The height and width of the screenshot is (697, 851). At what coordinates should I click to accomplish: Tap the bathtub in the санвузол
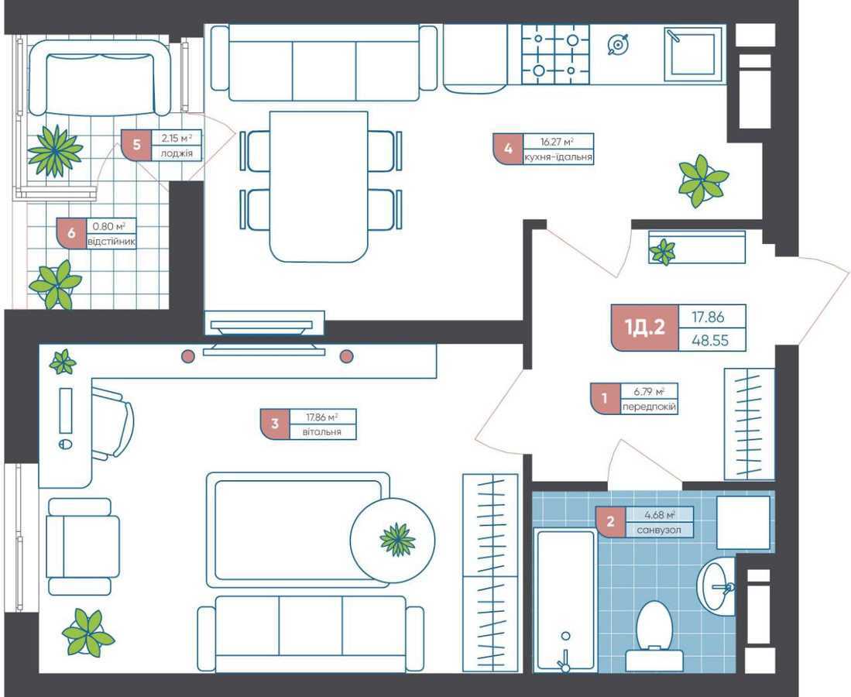pyautogui.click(x=565, y=596)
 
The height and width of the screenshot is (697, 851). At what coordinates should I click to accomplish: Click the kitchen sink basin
pyautogui.click(x=694, y=53)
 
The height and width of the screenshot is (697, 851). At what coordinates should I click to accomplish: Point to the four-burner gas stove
pyautogui.click(x=555, y=53)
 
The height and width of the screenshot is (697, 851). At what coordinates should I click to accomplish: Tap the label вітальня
pyautogui.click(x=322, y=432)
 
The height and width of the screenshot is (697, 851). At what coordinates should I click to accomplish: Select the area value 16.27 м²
pyautogui.click(x=558, y=142)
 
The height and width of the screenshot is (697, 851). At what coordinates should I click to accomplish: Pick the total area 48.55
pyautogui.click(x=712, y=339)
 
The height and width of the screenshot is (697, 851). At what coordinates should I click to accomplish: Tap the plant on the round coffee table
pyautogui.click(x=398, y=539)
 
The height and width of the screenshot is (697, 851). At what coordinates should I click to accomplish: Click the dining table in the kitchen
pyautogui.click(x=318, y=186)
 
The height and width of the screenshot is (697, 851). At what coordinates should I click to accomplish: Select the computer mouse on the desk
pyautogui.click(x=65, y=445)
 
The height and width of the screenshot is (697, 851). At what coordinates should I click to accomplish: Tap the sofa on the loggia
pyautogui.click(x=99, y=77)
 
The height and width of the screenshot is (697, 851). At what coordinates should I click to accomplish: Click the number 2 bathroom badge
pyautogui.click(x=610, y=522)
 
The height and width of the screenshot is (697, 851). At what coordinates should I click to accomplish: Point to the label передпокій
pyautogui.click(x=649, y=407)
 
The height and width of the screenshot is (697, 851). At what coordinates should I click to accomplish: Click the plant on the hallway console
pyautogui.click(x=663, y=251)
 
